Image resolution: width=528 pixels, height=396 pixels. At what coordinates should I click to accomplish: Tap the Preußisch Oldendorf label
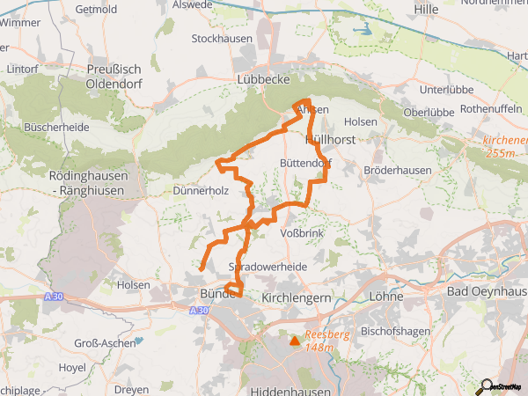[114, 77]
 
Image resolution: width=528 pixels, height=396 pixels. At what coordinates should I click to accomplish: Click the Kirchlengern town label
[296, 298]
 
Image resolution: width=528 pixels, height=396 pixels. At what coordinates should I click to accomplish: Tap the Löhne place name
[387, 297]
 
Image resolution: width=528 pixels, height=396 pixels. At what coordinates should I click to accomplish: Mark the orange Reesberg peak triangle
[294, 340]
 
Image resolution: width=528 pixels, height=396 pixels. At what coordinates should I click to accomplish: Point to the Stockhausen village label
[223, 40]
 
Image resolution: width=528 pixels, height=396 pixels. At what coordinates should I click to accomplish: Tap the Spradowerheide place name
[268, 266]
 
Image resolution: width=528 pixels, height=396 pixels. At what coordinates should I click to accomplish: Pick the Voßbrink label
[302, 233]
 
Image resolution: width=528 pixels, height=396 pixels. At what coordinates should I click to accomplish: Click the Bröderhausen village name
[396, 169]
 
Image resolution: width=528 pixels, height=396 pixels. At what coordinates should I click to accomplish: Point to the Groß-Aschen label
[104, 342]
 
